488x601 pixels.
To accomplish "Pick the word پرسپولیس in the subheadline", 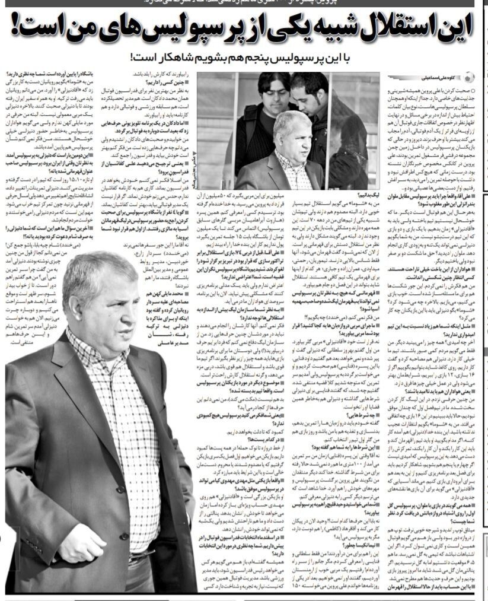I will click(x=308, y=59).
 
